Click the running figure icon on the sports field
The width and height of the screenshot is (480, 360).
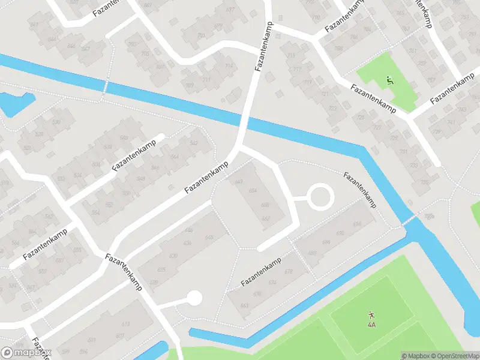coord(371,314)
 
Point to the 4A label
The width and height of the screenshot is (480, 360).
coord(371,325)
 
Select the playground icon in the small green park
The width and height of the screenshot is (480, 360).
coord(390,80)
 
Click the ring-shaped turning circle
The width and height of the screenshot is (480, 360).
coord(320,196)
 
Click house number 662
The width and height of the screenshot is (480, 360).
coord(265,218)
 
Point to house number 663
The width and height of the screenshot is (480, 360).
coord(244,305)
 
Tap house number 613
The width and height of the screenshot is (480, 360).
coord(125,324)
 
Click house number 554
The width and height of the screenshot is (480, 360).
coord(95,213)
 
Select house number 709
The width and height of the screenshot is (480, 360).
coord(190,85)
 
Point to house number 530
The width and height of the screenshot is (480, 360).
coord(56,122)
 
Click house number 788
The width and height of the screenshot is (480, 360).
coord(338,48)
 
